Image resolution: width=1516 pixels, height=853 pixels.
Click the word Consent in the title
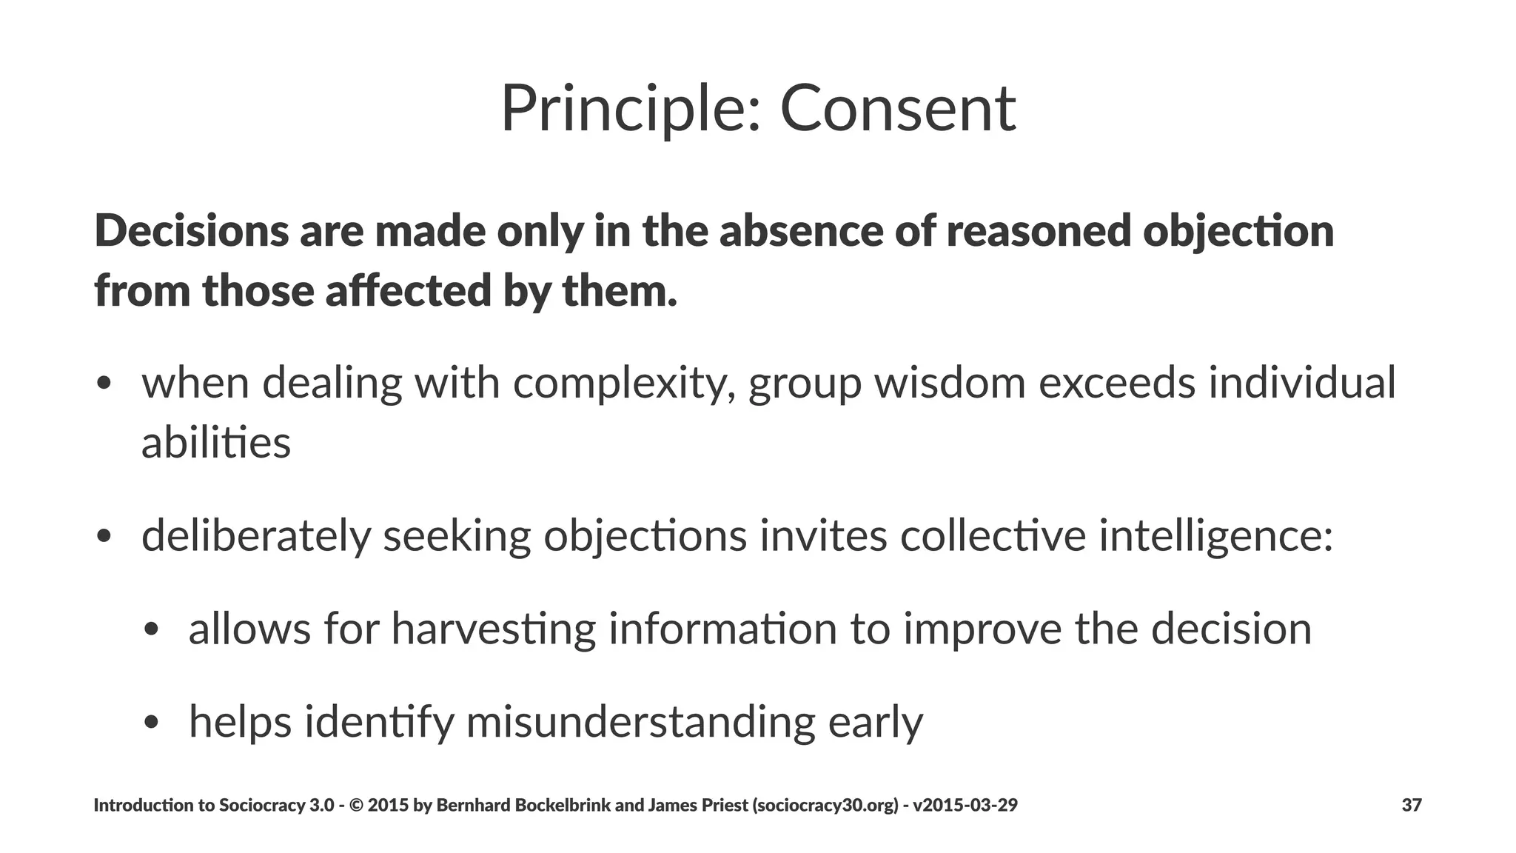(x=898, y=108)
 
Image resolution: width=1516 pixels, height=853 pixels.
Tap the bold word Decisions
(x=192, y=230)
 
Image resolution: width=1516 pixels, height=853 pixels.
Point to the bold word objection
(x=1238, y=230)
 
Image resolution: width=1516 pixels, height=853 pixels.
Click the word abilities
(x=215, y=443)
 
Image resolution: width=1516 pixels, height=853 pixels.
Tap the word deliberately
(x=255, y=535)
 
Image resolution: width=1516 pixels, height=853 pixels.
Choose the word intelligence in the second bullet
(x=1215, y=535)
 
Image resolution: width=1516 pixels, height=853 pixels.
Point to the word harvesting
(x=493, y=629)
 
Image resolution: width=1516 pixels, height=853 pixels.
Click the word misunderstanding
(x=640, y=722)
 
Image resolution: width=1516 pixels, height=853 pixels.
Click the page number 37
(x=1412, y=805)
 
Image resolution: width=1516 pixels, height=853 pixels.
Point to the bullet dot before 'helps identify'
(x=152, y=723)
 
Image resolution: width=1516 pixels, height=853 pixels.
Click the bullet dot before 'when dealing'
(x=104, y=384)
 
